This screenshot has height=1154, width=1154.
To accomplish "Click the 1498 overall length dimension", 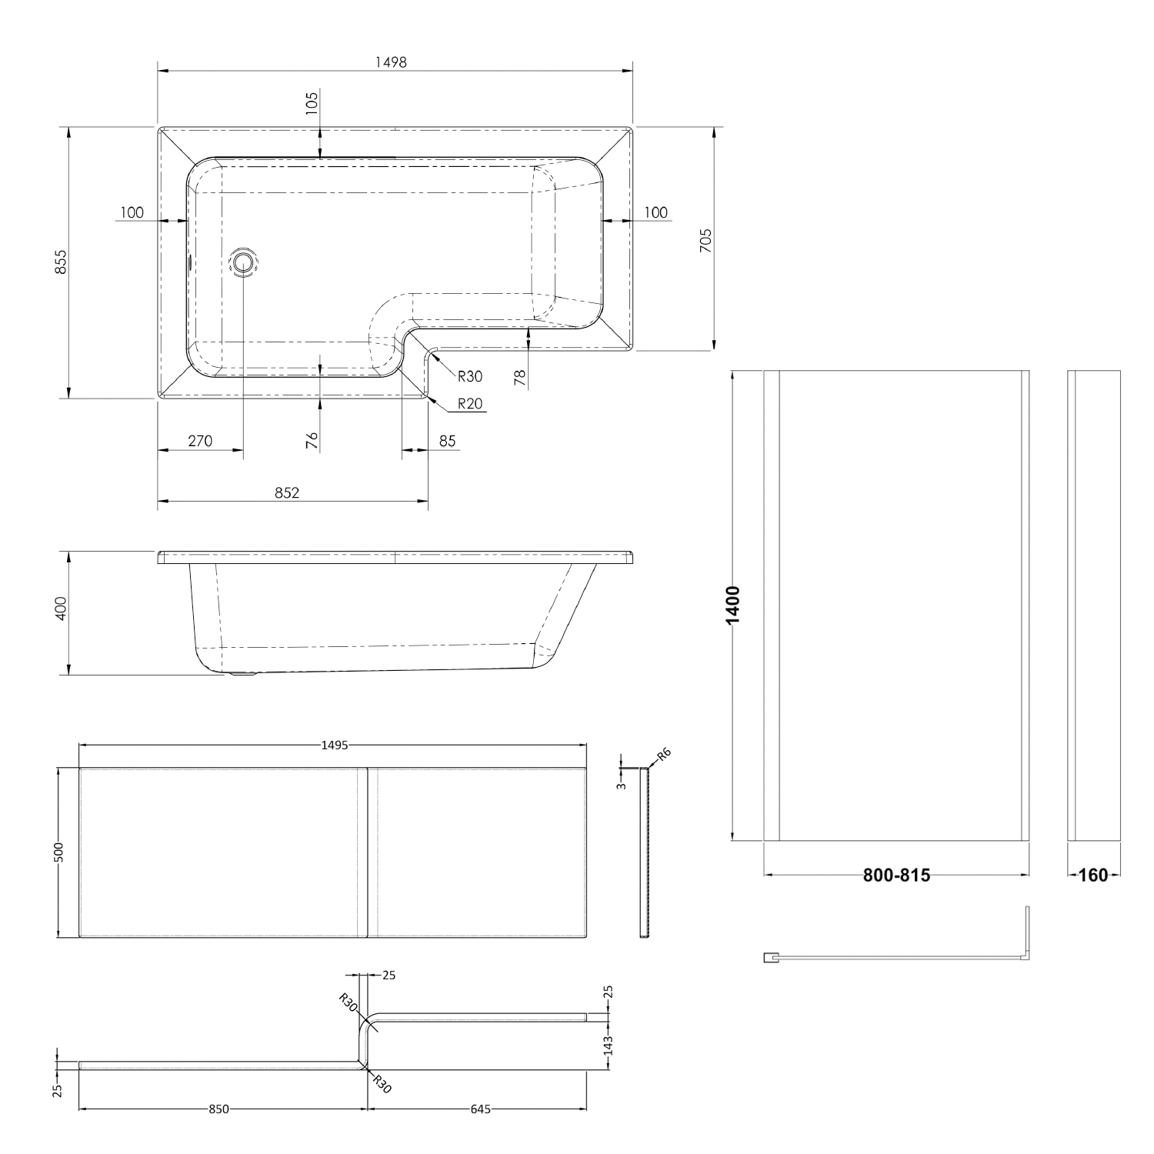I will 395,62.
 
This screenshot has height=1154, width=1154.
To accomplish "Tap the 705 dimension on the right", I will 706,241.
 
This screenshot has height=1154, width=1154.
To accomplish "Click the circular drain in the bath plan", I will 244,262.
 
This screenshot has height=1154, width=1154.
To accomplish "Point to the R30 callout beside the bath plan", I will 469,376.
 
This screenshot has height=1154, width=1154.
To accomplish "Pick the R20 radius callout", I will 469,403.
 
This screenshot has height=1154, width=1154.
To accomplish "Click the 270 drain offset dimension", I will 200,441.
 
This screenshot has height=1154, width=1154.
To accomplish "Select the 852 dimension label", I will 286,492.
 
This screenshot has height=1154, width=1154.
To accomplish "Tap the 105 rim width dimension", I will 312,102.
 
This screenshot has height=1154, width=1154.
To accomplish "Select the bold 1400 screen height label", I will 733,605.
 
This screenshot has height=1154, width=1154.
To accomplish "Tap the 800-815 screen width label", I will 896,875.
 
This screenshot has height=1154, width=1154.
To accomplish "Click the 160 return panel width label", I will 1093,875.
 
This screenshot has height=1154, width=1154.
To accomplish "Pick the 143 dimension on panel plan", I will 608,1045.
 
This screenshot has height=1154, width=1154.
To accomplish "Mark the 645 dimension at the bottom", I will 479,1109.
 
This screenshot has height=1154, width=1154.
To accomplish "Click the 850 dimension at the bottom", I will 218,1109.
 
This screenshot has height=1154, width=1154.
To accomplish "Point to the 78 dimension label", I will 520,378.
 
